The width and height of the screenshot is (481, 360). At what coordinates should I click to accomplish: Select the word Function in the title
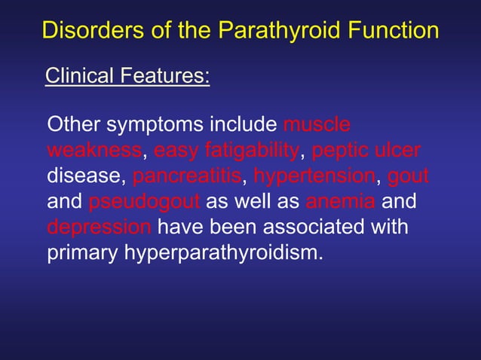(x=393, y=31)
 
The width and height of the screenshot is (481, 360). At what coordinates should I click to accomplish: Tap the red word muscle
(x=317, y=124)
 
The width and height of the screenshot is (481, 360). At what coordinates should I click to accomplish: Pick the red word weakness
(x=94, y=151)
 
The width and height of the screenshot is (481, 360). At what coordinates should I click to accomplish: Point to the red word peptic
(x=340, y=151)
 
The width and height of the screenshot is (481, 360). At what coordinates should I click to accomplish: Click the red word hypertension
(x=314, y=177)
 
